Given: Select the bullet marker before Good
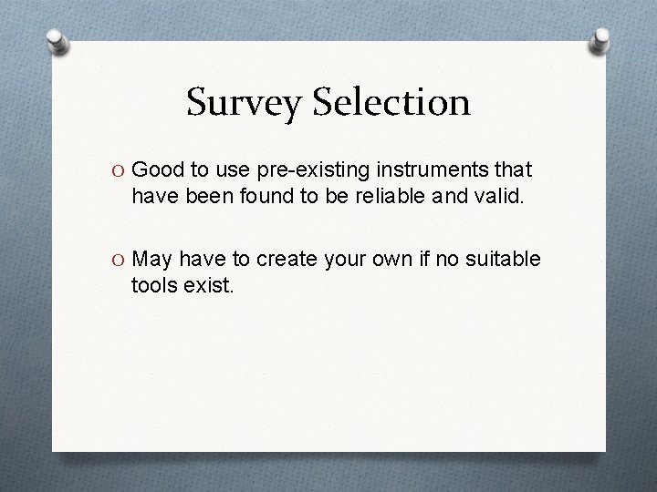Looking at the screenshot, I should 120,169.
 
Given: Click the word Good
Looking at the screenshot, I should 158,169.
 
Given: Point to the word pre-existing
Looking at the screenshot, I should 306,170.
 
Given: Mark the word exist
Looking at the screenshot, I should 210,286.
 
